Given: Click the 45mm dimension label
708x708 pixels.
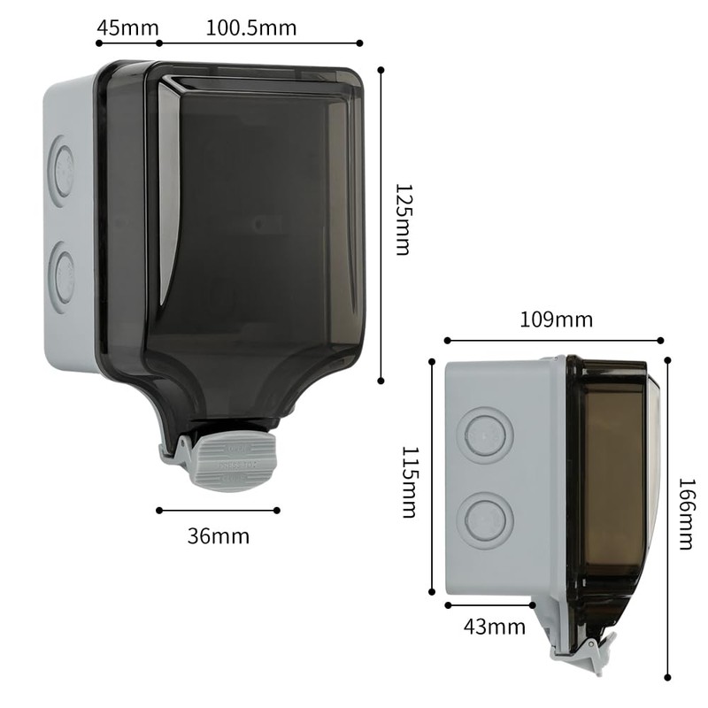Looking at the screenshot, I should click(x=127, y=27).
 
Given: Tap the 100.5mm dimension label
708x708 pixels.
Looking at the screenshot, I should click(x=251, y=27).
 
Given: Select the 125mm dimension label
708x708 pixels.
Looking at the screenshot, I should click(x=403, y=219).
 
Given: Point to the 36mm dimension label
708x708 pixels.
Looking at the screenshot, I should click(x=219, y=535).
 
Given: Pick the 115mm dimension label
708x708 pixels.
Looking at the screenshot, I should click(x=409, y=481).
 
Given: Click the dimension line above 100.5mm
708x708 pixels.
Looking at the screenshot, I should click(x=260, y=42).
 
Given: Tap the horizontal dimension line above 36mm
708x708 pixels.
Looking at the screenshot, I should click(x=219, y=510).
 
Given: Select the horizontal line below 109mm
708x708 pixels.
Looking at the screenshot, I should click(x=554, y=340).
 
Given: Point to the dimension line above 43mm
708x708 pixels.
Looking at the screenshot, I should click(x=490, y=605).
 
